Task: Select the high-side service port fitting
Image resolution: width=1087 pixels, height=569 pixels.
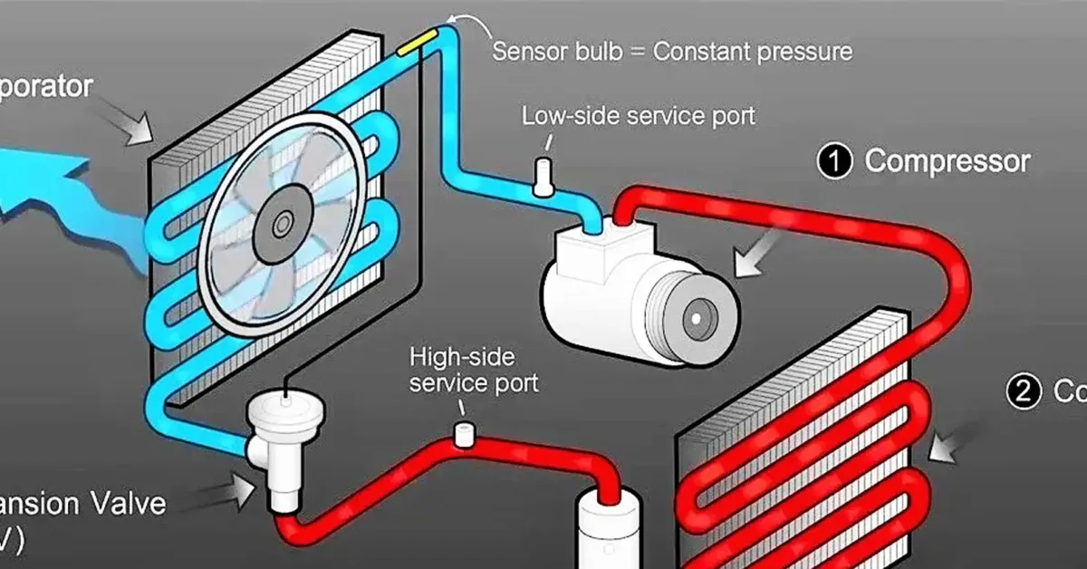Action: (x=464, y=434)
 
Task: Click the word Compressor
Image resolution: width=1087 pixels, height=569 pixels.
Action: (x=948, y=161)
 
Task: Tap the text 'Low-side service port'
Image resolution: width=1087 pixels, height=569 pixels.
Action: (x=638, y=117)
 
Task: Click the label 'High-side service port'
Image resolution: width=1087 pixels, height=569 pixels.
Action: (x=473, y=369)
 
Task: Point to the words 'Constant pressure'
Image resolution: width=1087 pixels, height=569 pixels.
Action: (x=753, y=51)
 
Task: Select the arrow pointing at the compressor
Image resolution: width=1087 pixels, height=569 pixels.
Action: (x=761, y=255)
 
